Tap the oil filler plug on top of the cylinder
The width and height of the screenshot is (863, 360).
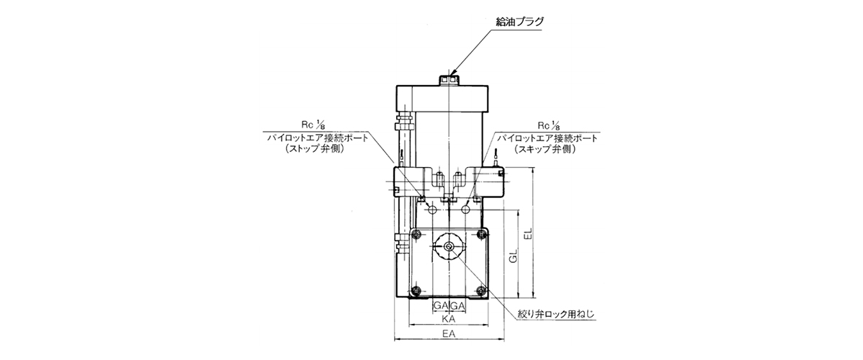click(450, 81)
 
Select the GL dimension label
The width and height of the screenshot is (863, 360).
click(513, 256)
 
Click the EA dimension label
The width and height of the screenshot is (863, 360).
click(449, 333)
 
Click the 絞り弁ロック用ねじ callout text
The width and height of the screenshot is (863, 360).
click(557, 315)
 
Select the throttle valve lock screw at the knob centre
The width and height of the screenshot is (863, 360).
click(449, 248)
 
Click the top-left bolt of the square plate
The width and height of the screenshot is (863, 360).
click(416, 234)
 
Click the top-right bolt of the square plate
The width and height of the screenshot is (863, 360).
click(482, 234)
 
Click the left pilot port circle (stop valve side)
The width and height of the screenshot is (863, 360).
click(433, 210)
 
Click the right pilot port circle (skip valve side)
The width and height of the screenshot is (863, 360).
click(466, 210)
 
